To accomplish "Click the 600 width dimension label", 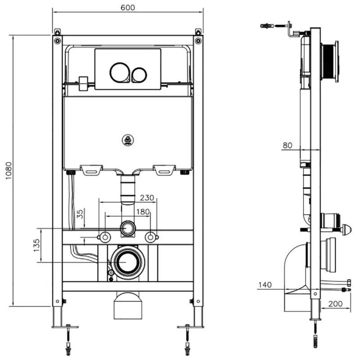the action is (x=128, y=8).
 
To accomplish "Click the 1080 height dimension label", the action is (x=9, y=171).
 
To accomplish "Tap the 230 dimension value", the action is (x=147, y=198).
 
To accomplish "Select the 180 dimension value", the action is (x=143, y=211).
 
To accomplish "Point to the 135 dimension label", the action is (x=36, y=245).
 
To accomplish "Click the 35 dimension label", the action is (x=80, y=214).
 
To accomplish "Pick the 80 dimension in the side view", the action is (x=288, y=145).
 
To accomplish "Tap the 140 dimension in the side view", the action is (x=265, y=285).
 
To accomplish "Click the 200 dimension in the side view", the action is (x=335, y=304).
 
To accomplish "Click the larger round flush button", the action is (x=120, y=72).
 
